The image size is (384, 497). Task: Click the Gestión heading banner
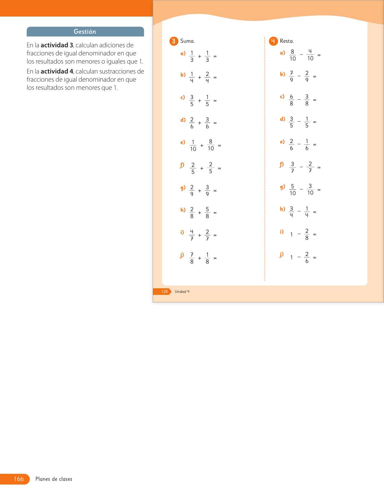(85, 32)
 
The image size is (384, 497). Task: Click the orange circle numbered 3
(173, 41)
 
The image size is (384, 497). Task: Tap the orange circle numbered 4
(273, 41)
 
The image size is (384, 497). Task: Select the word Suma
(187, 41)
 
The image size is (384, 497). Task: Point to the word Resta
(287, 41)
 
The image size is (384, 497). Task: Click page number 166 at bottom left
(19, 479)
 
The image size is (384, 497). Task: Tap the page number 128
(164, 292)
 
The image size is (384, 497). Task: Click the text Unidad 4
(182, 292)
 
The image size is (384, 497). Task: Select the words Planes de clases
(54, 479)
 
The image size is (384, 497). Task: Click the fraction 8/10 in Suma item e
(211, 145)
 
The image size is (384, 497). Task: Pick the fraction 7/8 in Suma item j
(192, 258)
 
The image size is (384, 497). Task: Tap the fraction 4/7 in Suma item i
(192, 235)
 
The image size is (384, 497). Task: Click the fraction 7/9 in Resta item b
(291, 77)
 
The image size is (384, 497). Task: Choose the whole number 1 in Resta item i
(291, 234)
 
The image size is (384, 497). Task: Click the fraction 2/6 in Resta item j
(307, 258)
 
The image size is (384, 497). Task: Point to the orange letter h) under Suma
(183, 210)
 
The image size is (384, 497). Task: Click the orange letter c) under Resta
(282, 97)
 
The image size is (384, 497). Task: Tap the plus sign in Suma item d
(199, 123)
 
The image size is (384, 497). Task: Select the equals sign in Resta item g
(319, 190)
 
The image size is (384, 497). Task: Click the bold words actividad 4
(57, 71)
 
